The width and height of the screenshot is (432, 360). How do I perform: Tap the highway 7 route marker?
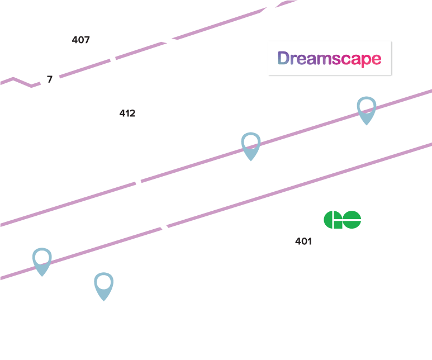tap(50, 80)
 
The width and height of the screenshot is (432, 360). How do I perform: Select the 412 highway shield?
tap(127, 113)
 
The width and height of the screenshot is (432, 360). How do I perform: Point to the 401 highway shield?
tap(303, 241)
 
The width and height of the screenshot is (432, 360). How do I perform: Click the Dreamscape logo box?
tap(330, 58)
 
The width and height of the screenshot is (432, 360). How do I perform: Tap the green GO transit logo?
tap(342, 219)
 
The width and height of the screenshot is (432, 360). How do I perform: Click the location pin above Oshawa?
tap(366, 109)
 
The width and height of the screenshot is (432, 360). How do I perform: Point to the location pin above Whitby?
tap(250, 145)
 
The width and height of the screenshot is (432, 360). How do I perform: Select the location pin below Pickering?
tap(42, 260)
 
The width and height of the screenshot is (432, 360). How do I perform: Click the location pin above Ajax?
tap(103, 285)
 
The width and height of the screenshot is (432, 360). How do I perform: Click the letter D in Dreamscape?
tap(284, 58)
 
